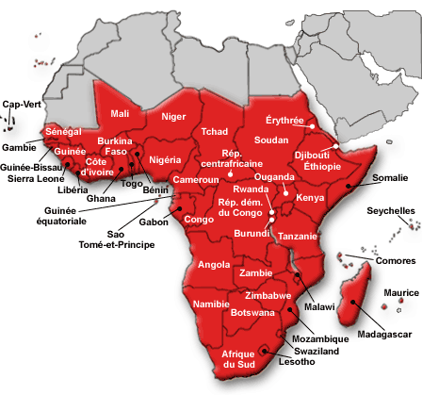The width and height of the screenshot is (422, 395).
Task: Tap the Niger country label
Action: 173,117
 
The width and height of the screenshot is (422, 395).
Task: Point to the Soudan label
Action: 272,140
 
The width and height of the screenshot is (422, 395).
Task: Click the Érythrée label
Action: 285,121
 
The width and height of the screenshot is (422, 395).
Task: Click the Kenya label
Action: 310,198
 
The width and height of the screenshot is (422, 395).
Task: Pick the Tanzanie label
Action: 298,236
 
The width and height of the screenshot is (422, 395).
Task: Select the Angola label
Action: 215,265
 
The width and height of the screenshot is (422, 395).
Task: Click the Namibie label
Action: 210,304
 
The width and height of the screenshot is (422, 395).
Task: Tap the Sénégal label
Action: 64,130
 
